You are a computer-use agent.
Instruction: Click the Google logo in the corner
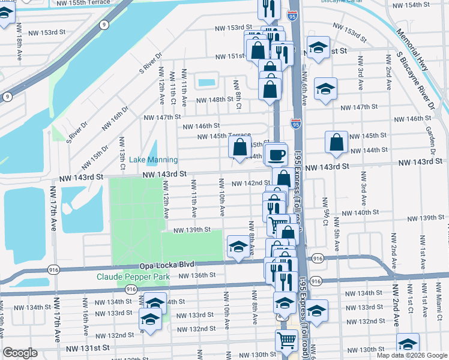(20, 353)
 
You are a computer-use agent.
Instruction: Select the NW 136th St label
(197, 275)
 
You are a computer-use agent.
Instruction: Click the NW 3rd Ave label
(360, 79)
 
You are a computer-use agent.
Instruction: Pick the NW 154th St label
(411, 5)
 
